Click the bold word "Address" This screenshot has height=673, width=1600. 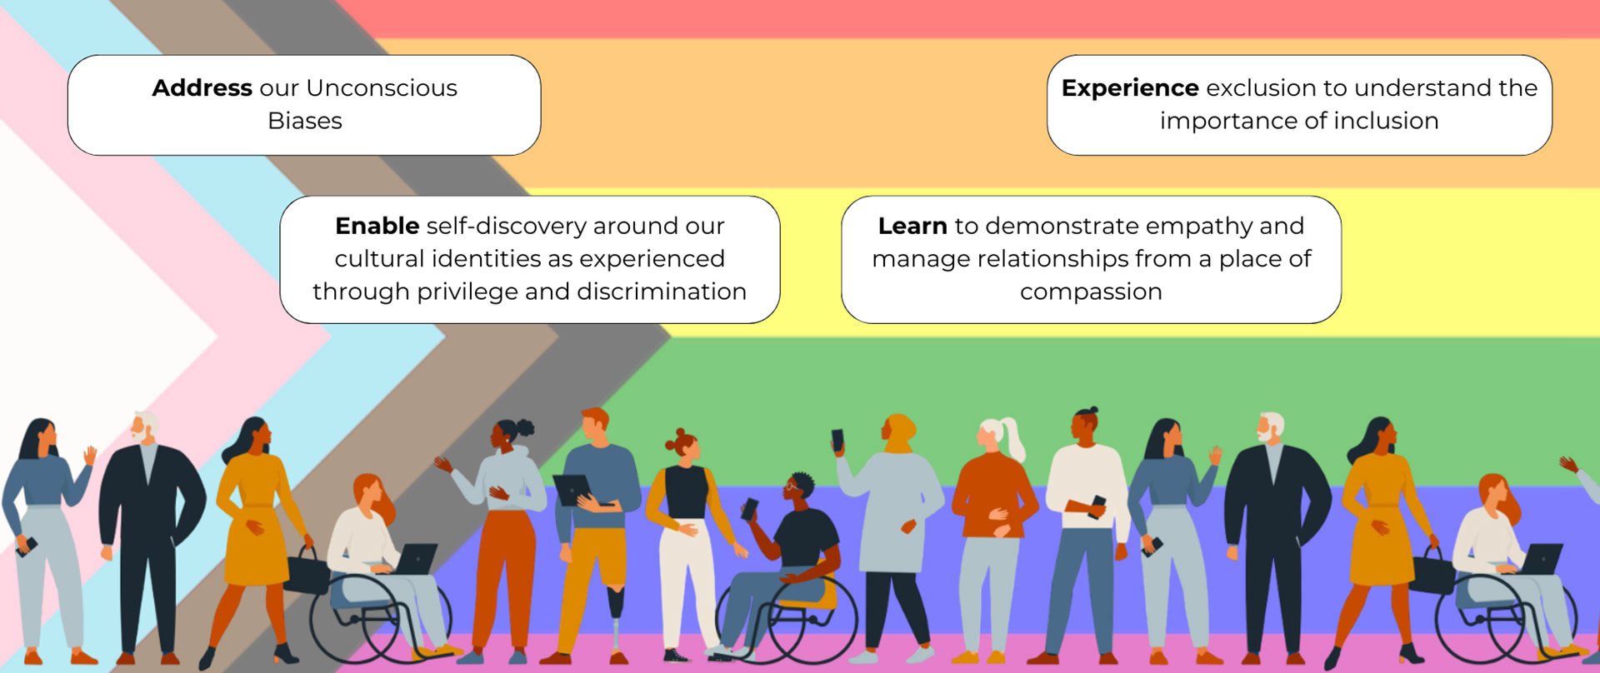pos(202,87)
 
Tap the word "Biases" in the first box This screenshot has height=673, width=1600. pos(305,121)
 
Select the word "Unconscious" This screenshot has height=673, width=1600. pos(382,87)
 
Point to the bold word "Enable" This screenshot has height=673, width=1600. pos(377,226)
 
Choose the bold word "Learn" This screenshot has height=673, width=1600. pos(912,226)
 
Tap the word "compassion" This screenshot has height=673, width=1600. pos(1091,292)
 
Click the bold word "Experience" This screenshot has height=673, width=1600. pos(1130,88)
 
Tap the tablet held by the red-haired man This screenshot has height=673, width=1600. pos(575,488)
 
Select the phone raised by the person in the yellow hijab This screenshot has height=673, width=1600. pos(837,440)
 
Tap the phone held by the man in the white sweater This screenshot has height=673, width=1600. pos(1097,505)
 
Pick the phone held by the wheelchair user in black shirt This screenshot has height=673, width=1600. pos(750,508)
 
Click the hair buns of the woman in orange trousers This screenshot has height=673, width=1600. pos(525,428)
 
